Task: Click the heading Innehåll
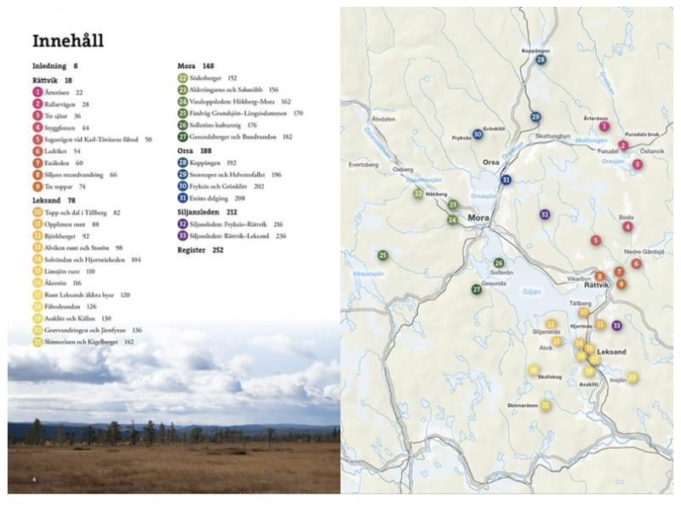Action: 67,41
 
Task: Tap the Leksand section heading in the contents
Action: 48,200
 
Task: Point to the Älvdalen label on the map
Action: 384,119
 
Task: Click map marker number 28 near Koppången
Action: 541,60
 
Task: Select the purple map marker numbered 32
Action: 545,214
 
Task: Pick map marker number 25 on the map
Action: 384,255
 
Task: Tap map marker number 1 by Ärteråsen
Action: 604,127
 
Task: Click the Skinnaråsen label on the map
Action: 524,406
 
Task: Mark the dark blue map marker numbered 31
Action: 506,179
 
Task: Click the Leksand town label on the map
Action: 612,351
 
